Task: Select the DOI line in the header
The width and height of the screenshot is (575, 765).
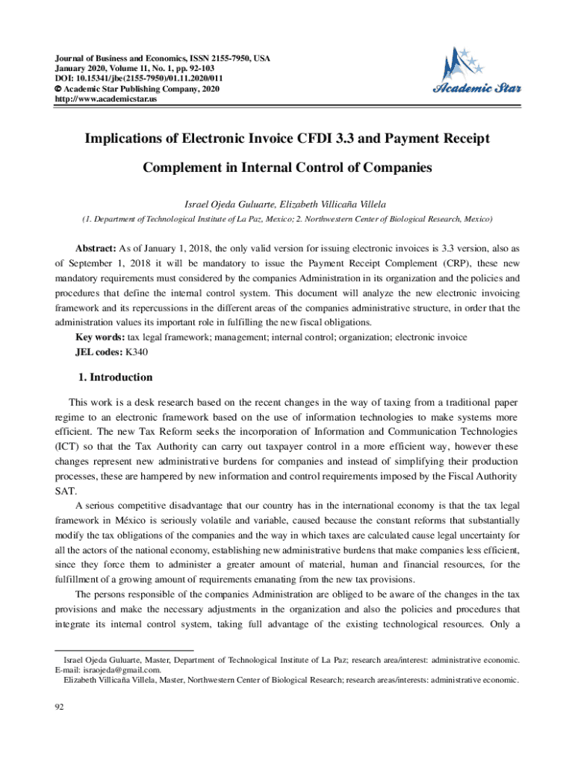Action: [x=138, y=78]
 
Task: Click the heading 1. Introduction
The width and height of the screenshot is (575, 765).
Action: [x=115, y=377]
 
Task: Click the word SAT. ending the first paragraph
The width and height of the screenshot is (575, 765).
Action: [x=64, y=492]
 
